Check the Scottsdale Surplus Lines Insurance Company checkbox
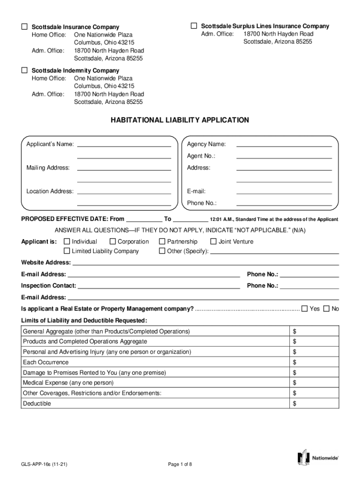point(194,26)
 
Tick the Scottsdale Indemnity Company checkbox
point(24,70)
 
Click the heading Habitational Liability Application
point(180,120)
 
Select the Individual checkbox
point(67,241)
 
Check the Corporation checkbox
point(113,241)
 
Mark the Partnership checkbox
point(162,241)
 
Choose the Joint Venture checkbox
point(214,241)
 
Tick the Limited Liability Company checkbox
point(67,251)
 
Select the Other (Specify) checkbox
point(162,251)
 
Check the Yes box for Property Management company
point(305,308)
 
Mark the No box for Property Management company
point(327,308)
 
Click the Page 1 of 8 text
point(180,464)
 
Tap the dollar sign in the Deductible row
point(295,404)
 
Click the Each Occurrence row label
point(46,362)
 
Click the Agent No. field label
point(201,156)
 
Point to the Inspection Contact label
point(49,285)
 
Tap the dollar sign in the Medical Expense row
point(295,383)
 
